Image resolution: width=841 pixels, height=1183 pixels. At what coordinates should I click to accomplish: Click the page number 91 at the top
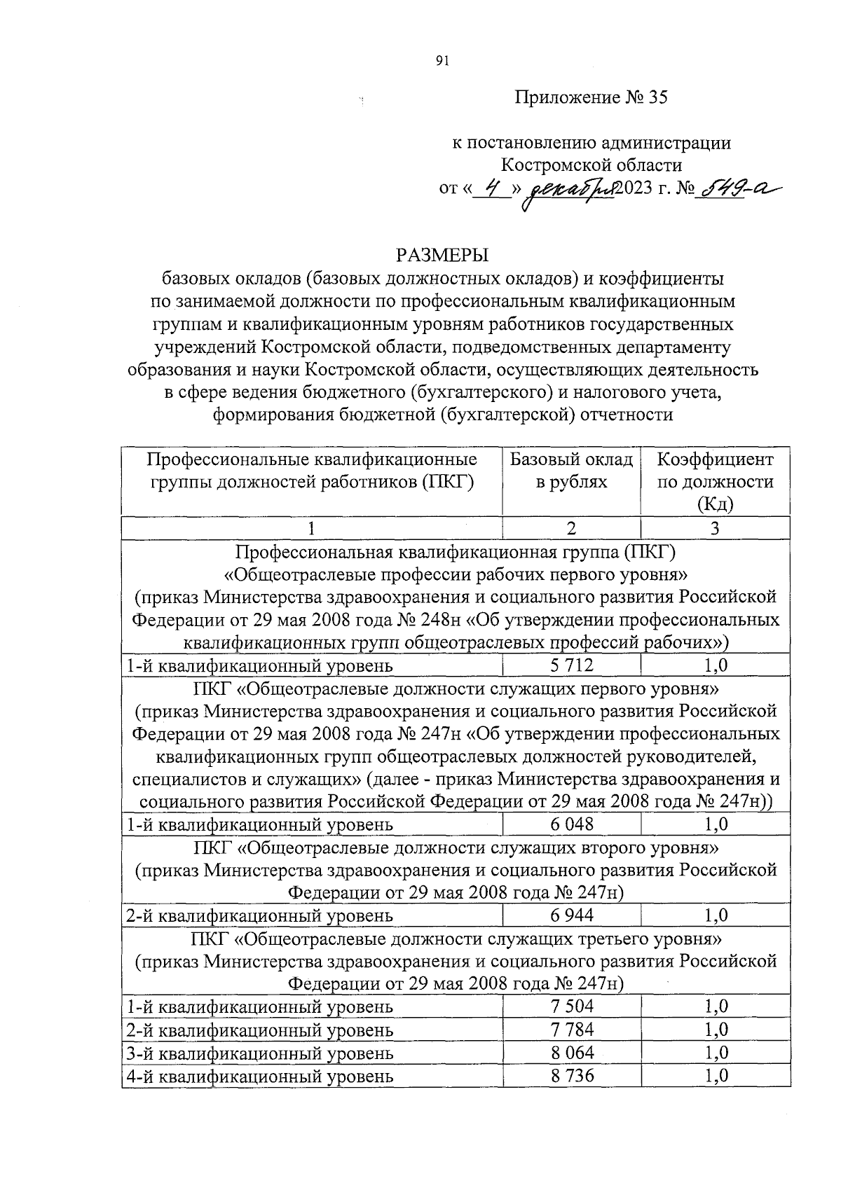click(x=442, y=62)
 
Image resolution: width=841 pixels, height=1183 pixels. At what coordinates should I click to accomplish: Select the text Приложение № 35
click(x=592, y=97)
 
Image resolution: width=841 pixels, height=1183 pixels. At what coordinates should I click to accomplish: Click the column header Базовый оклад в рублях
click(x=571, y=471)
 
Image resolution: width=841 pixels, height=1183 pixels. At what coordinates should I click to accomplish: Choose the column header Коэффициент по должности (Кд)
click(x=715, y=481)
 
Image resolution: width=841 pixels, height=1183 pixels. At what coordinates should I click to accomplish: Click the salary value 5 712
click(x=571, y=665)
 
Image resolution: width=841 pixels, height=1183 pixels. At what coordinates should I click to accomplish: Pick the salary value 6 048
click(x=571, y=824)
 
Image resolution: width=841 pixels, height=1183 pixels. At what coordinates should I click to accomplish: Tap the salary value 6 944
click(x=571, y=915)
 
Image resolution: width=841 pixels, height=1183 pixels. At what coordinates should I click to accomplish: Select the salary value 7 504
click(x=571, y=1006)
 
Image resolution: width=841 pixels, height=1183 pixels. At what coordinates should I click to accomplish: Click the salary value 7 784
click(x=571, y=1030)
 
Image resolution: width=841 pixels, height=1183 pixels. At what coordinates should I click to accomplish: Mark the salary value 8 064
click(x=571, y=1053)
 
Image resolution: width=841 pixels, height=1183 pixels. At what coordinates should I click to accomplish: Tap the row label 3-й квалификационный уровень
click(x=259, y=1053)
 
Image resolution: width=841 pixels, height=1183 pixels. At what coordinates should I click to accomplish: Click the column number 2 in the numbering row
click(x=571, y=528)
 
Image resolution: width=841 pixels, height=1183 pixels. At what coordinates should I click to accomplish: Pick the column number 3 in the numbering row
click(x=715, y=528)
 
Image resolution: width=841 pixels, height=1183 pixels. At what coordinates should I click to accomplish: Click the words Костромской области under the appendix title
click(x=591, y=165)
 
